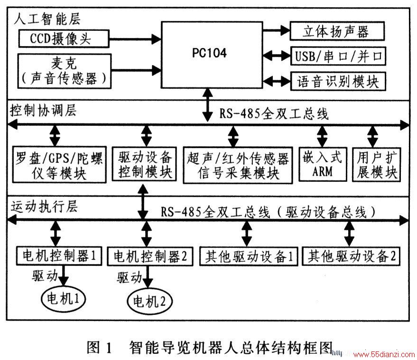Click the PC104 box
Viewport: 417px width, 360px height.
(x=212, y=55)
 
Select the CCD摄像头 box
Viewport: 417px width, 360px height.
(x=64, y=38)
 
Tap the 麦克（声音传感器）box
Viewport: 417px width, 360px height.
(x=64, y=71)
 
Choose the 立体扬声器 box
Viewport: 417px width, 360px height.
(x=337, y=31)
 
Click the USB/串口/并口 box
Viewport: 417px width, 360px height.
(x=338, y=56)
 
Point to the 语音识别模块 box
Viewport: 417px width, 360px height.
(x=338, y=81)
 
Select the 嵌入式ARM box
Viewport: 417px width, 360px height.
(x=323, y=164)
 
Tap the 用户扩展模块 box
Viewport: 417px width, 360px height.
(x=376, y=165)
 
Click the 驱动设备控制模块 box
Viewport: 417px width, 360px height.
(x=144, y=164)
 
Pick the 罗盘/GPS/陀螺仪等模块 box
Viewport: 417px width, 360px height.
(x=59, y=164)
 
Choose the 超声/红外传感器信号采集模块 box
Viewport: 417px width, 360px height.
(x=238, y=165)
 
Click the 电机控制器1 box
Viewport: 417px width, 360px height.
(x=59, y=256)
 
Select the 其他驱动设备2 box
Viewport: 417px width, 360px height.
(x=351, y=256)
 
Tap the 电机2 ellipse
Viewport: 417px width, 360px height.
(x=150, y=302)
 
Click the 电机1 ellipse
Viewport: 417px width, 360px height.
(x=63, y=298)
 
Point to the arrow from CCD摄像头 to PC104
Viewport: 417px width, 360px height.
(x=135, y=39)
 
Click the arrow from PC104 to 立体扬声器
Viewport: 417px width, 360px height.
(x=276, y=30)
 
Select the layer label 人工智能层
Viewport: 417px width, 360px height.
(x=47, y=19)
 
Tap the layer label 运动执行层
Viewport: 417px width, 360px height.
(x=44, y=207)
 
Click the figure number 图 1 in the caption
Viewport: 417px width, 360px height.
(x=99, y=347)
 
